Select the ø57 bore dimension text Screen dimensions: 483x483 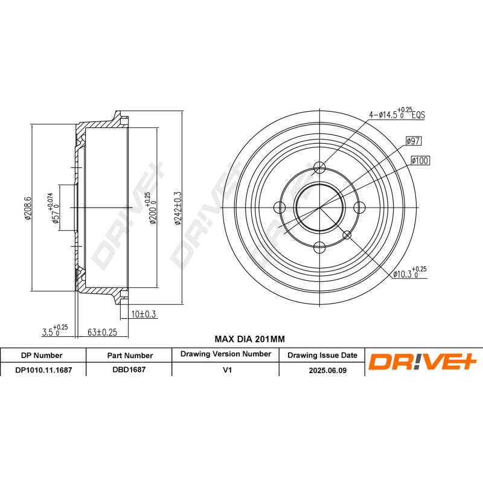click(x=54, y=209)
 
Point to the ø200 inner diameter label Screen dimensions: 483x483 click(x=152, y=209)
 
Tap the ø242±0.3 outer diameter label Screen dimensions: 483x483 click(x=178, y=208)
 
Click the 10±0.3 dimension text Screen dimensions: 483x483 click(x=144, y=313)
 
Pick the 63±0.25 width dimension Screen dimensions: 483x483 click(x=101, y=331)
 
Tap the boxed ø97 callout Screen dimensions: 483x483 click(x=413, y=141)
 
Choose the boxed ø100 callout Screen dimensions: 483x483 click(x=420, y=161)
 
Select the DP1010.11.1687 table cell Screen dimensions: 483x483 click(x=43, y=371)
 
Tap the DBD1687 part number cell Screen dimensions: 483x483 click(x=129, y=371)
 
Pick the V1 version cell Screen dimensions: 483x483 click(x=226, y=371)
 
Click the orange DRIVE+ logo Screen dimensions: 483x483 click(x=423, y=362)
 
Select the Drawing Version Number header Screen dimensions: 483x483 click(x=226, y=354)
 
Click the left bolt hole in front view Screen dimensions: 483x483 click(x=280, y=208)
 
